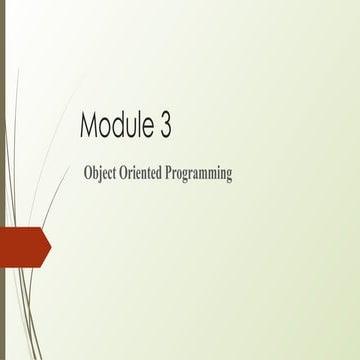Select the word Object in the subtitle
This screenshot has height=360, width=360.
coord(104,174)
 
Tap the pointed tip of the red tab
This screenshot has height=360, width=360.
coord(50,246)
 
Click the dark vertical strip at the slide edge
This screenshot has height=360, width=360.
coord(2,180)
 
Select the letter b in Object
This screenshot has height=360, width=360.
coord(98,173)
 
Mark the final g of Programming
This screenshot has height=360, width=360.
coord(229,176)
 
